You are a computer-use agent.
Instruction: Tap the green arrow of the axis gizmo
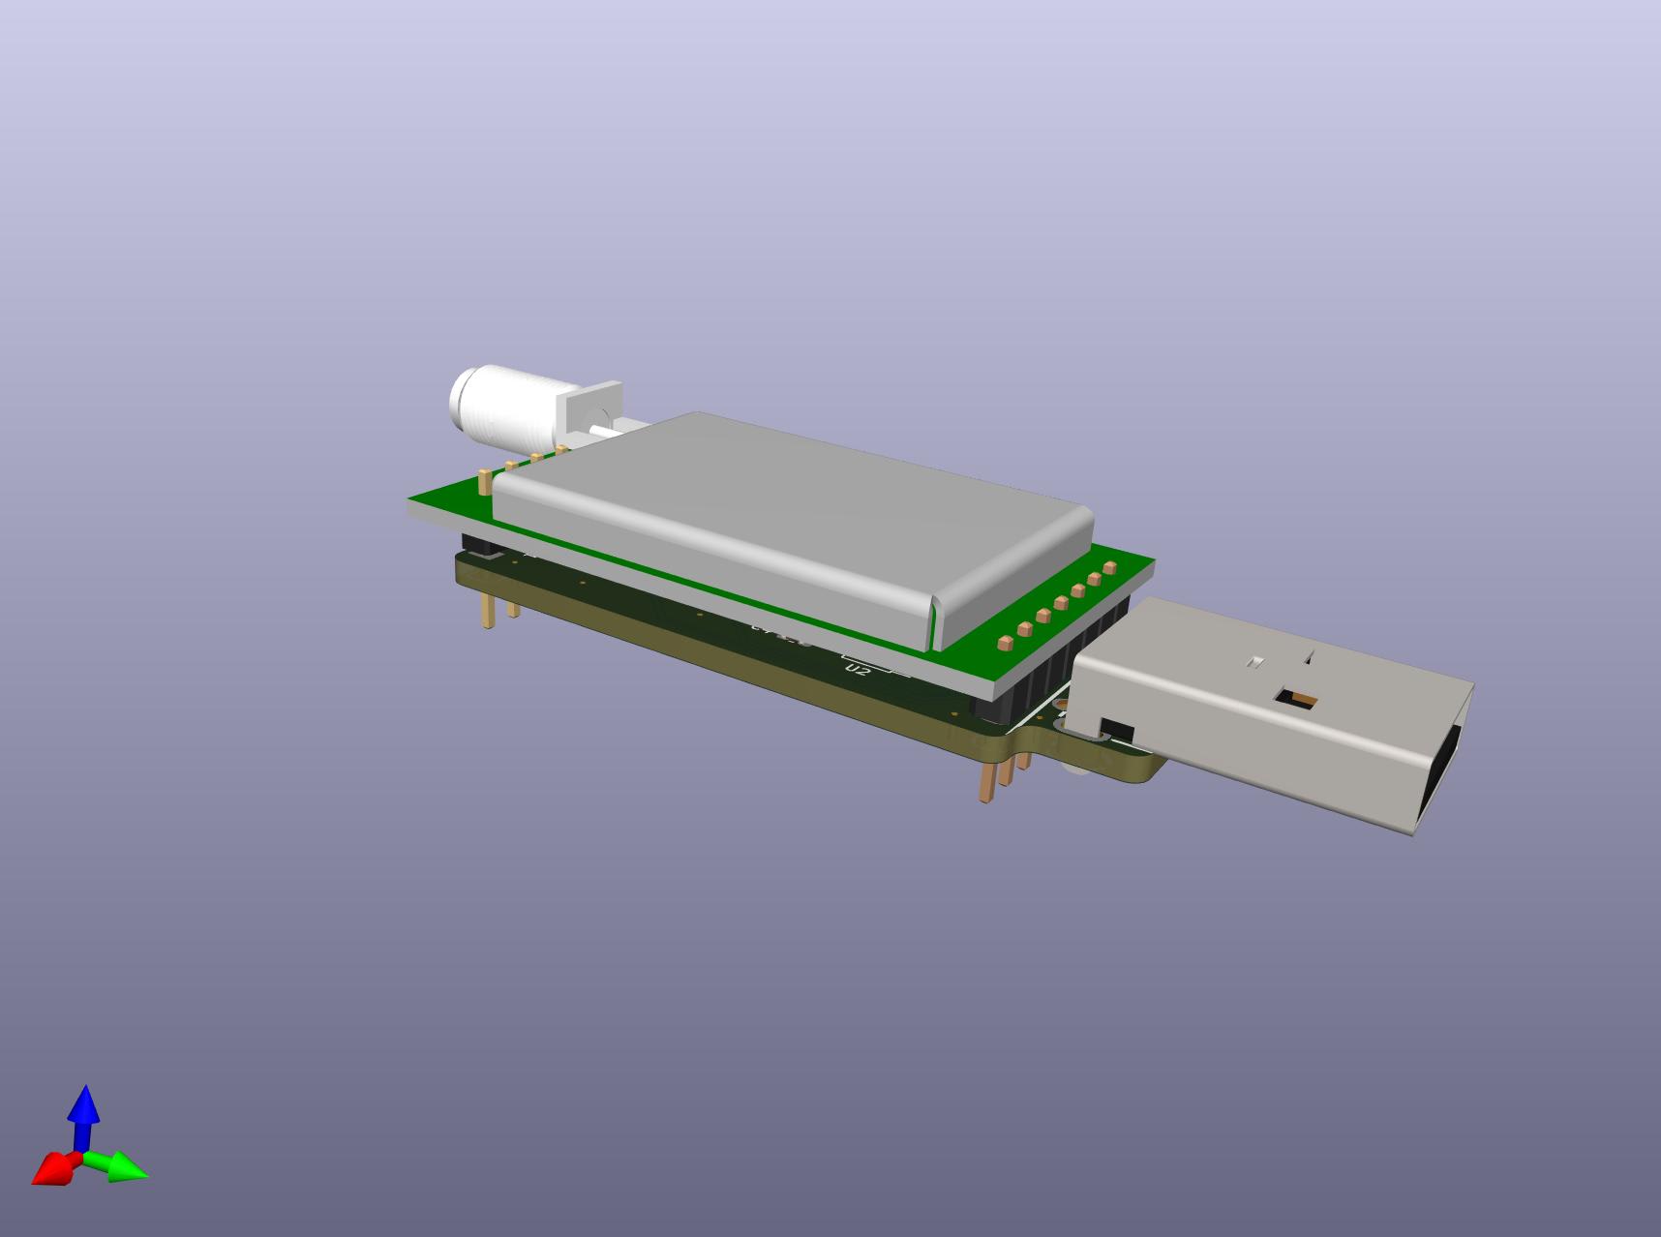click(124, 1168)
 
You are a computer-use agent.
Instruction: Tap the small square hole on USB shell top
click(1256, 663)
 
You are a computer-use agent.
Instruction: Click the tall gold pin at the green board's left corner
click(483, 482)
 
